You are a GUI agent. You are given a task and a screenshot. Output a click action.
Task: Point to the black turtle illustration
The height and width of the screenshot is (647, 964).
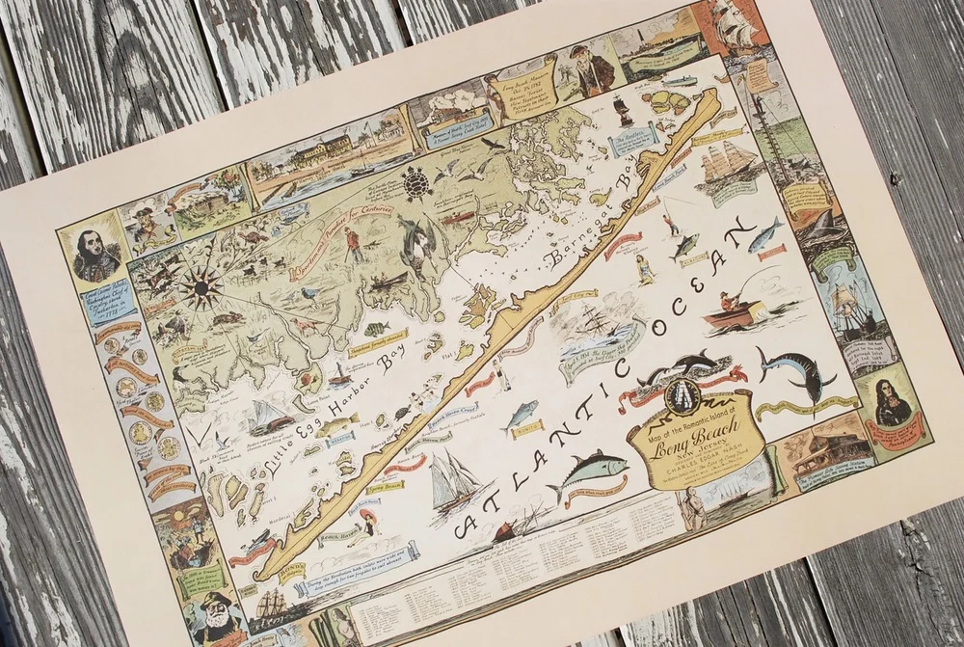click(x=416, y=180)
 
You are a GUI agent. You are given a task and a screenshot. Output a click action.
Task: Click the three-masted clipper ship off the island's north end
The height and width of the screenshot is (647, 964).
click(x=728, y=162)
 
